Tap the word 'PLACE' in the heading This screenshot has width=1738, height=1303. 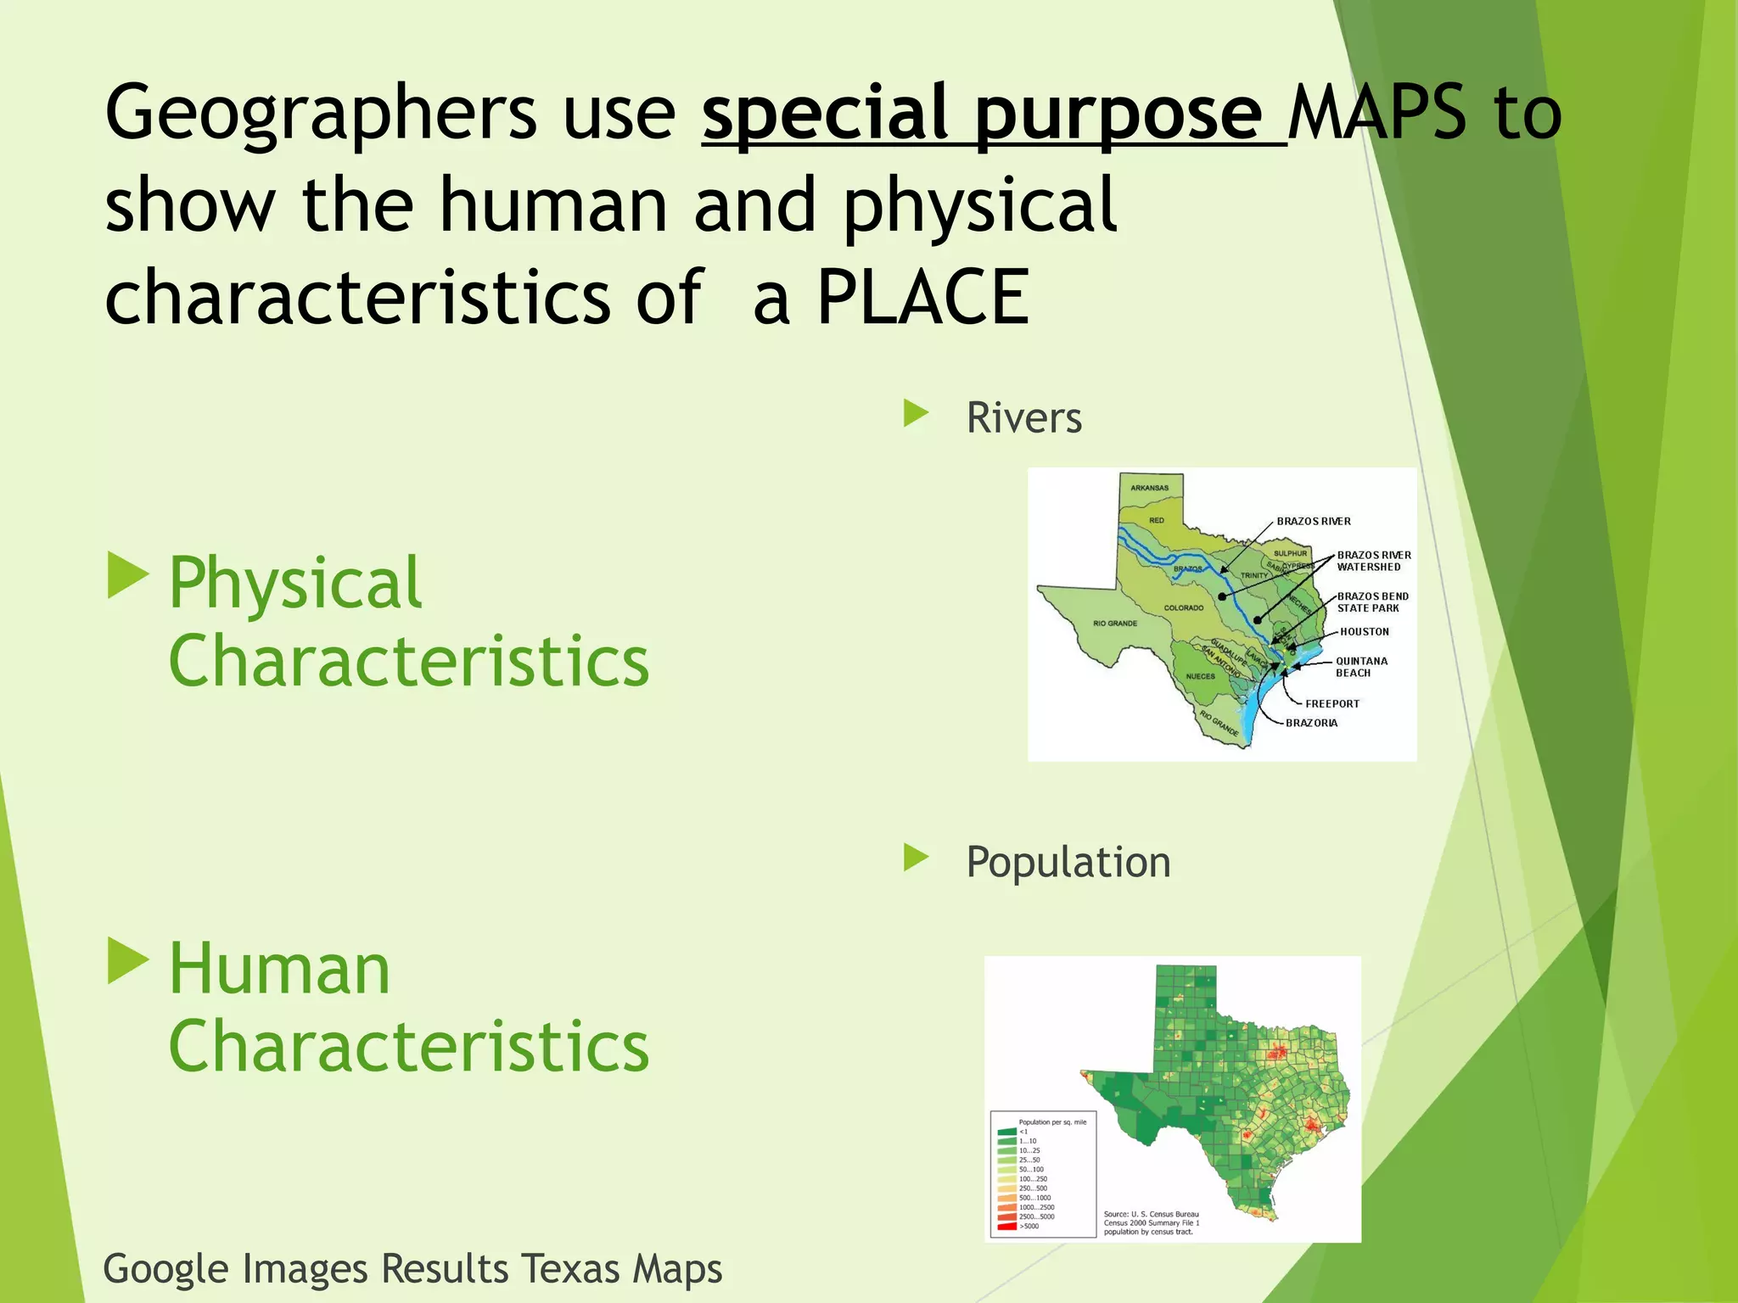tap(922, 298)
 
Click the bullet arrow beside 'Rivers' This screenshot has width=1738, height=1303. tap(916, 414)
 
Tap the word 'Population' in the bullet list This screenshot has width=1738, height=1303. tap(1068, 862)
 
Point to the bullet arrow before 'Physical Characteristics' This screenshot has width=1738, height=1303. tap(128, 576)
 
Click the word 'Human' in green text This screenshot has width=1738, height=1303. tap(279, 969)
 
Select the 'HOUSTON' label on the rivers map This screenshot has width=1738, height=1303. tap(1364, 632)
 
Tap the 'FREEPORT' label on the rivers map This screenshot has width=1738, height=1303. tap(1332, 704)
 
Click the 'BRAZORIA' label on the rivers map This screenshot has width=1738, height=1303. tap(1311, 724)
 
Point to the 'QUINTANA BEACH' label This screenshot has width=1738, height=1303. tap(1360, 667)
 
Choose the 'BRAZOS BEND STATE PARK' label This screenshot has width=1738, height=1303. tap(1372, 602)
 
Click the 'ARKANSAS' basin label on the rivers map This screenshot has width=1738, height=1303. tap(1149, 488)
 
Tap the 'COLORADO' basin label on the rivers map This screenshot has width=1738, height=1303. tap(1183, 608)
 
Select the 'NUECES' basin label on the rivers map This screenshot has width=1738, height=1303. tap(1200, 676)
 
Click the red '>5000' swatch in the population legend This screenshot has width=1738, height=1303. tap(1006, 1227)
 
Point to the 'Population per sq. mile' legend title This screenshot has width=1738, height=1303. tap(1051, 1121)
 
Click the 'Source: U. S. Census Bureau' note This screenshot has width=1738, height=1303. tap(1151, 1215)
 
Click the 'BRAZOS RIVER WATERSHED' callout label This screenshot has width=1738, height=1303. tap(1372, 561)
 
